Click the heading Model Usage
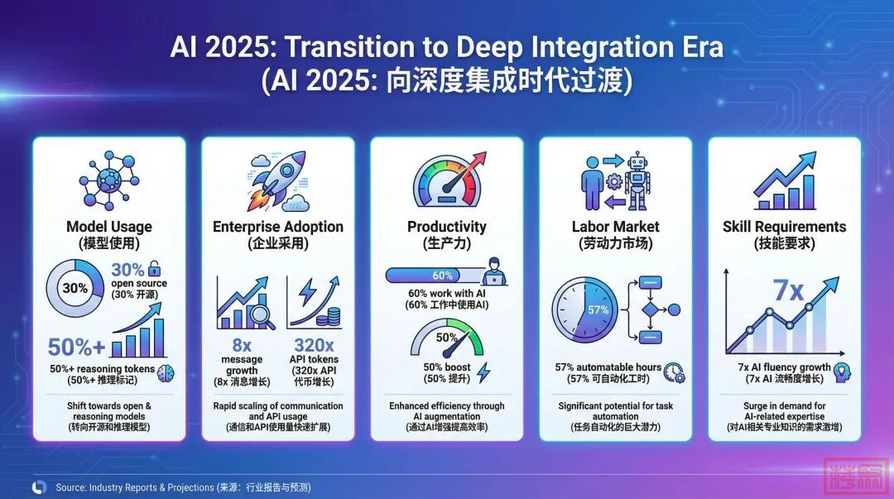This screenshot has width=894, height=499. (109, 227)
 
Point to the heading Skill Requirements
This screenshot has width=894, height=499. (784, 227)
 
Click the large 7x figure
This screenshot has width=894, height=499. (789, 290)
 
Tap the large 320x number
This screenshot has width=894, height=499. (314, 345)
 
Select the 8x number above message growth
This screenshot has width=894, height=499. (242, 345)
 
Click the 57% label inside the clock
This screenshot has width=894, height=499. (598, 309)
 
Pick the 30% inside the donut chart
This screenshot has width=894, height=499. (74, 288)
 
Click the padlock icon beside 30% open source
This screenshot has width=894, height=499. (155, 268)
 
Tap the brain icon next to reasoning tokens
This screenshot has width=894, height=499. (166, 373)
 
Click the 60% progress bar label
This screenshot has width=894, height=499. (442, 276)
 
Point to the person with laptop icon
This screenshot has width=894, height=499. (493, 271)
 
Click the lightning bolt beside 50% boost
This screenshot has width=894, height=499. (483, 372)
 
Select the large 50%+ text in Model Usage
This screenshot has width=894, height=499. (76, 347)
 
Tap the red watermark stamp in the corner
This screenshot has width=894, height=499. (857, 475)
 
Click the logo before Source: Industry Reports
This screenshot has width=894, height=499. (40, 487)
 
